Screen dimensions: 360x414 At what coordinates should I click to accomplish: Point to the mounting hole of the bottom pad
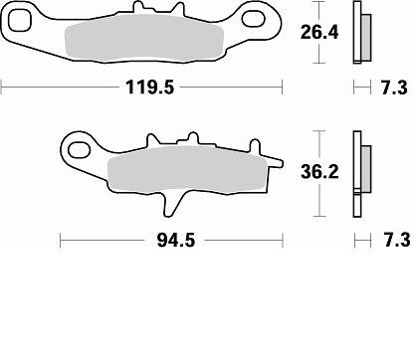(x=77, y=150)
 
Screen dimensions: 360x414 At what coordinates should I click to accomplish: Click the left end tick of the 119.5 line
(x=2, y=88)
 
